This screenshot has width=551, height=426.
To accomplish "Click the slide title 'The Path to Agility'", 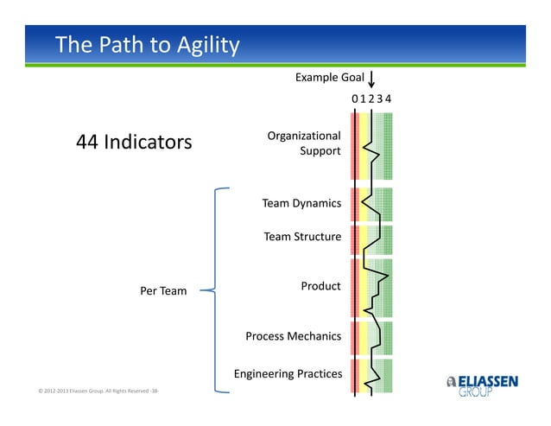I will pyautogui.click(x=147, y=45).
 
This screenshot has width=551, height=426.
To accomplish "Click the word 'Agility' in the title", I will pyautogui.click(x=205, y=45).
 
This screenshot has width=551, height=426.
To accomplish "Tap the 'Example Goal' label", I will pyautogui.click(x=329, y=78).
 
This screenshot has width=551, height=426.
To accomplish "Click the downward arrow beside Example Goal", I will pyautogui.click(x=371, y=80).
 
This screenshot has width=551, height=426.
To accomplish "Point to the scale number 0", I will pyautogui.click(x=354, y=99).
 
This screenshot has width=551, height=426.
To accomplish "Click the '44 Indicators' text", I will pyautogui.click(x=134, y=142).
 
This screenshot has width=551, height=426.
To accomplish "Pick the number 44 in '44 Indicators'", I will pyautogui.click(x=88, y=142).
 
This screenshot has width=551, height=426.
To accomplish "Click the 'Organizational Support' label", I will pyautogui.click(x=303, y=143).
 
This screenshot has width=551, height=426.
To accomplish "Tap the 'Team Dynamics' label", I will pyautogui.click(x=301, y=204).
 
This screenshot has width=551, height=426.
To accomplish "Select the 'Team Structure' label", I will pyautogui.click(x=302, y=237).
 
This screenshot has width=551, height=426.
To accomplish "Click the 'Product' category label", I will pyautogui.click(x=320, y=286).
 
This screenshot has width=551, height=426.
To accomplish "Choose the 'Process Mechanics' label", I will pyautogui.click(x=293, y=336).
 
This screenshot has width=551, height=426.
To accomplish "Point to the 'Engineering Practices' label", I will pyautogui.click(x=288, y=374).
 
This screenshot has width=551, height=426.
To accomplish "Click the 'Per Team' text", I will pyautogui.click(x=163, y=291).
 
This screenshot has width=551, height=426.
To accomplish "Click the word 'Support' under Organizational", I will pyautogui.click(x=320, y=151).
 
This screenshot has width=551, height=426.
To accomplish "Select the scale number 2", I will pyautogui.click(x=371, y=99).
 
